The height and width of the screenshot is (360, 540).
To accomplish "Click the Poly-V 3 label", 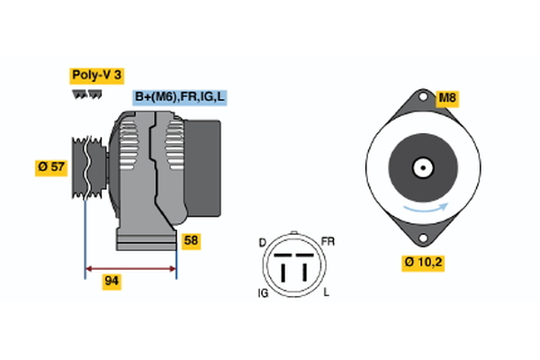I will coord(96,76).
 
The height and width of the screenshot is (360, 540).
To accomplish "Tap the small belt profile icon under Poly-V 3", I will coord(86,94).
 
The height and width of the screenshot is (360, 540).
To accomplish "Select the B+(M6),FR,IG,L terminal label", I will coord(179,97).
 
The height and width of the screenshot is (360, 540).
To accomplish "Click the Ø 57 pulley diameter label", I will coord(51,166).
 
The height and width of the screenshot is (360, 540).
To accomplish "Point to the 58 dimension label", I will coord(190,240).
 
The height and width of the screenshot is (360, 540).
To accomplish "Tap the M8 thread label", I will coord(447,98).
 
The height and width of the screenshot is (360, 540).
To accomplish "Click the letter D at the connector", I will coord(263,242).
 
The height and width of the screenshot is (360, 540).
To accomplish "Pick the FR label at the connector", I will coord(328,242).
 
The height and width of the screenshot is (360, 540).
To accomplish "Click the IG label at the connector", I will coord(262,292).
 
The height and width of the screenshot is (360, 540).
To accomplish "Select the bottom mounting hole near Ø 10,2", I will coord(421,238).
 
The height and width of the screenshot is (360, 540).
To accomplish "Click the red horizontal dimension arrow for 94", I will coord(130,268).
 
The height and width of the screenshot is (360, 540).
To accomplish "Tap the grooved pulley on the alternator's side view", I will coord(89,166).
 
